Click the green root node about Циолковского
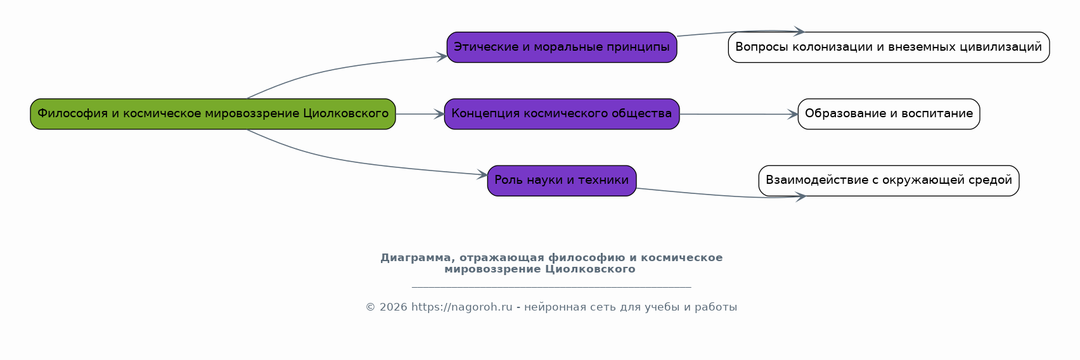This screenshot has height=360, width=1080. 212,114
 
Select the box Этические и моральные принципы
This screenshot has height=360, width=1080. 562,48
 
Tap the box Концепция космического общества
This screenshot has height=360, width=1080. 562,114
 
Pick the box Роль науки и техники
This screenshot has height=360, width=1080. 562,181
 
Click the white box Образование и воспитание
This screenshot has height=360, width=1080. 889,114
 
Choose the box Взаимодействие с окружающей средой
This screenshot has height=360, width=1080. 889,181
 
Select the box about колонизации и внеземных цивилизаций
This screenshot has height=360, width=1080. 889,48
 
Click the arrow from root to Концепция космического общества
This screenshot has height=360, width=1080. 420,114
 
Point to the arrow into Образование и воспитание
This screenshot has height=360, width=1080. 738,114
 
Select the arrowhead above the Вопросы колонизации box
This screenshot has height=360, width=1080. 799,31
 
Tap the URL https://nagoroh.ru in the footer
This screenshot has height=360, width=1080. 461,307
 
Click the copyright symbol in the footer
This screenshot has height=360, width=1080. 370,307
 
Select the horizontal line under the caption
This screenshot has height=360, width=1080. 551,287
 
